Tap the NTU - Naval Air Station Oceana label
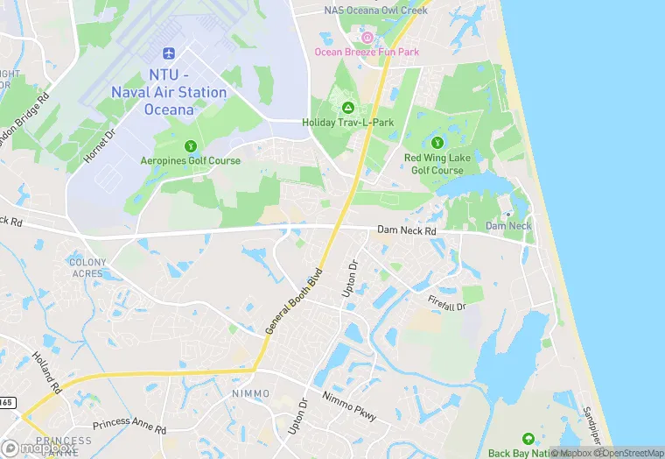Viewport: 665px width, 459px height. (x=170, y=84)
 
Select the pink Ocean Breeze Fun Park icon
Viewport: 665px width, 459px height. (x=367, y=37)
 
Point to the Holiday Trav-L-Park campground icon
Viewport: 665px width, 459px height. (x=348, y=108)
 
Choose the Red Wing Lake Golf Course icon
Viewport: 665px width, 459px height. (x=437, y=143)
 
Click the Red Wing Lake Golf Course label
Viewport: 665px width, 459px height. (x=434, y=164)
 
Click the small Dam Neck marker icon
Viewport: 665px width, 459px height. (x=508, y=214)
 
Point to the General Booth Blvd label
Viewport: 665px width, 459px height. (x=294, y=297)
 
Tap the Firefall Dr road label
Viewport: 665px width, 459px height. (x=447, y=303)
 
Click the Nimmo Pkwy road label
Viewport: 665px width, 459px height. (x=348, y=405)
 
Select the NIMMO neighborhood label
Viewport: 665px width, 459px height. (x=256, y=393)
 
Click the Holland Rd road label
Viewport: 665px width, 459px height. (x=45, y=371)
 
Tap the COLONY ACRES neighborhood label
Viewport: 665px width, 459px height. (x=87, y=267)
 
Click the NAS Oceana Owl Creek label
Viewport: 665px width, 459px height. (x=375, y=11)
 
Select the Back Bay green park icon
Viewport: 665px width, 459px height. (x=528, y=438)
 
